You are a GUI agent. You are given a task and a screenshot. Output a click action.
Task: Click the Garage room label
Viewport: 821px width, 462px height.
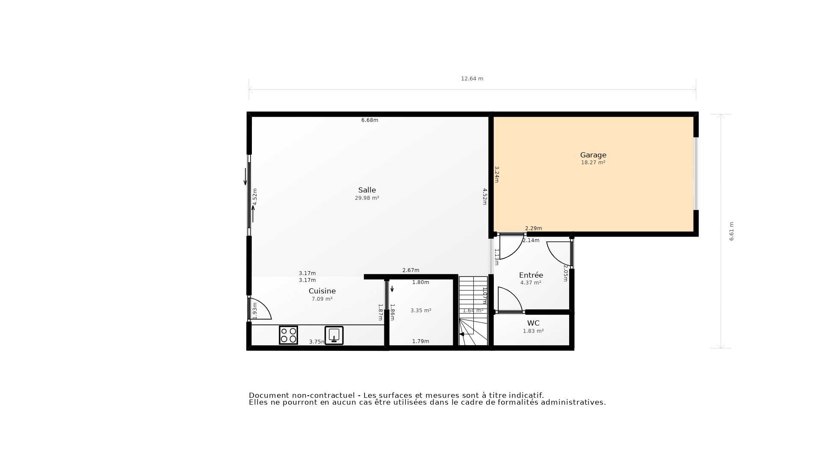[x=593, y=155]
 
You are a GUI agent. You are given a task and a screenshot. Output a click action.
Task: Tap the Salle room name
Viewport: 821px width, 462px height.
[x=367, y=190]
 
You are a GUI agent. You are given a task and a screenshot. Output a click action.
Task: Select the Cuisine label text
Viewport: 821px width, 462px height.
[x=322, y=291]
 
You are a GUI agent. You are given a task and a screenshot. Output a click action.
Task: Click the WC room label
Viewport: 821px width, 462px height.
[x=533, y=323]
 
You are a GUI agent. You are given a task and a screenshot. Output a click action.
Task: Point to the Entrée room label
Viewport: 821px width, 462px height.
[x=531, y=275]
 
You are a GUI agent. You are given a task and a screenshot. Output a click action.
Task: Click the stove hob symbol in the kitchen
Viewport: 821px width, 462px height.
[x=288, y=335]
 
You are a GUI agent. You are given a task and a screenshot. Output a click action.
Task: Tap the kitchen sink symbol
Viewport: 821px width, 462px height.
[x=334, y=335]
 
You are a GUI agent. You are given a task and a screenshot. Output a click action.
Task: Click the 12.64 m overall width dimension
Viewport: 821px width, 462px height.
[x=472, y=79]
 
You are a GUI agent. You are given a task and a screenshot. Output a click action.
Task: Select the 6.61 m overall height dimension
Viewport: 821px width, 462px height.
[x=731, y=231]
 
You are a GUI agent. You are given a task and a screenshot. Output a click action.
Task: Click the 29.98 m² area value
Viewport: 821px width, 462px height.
[x=367, y=198]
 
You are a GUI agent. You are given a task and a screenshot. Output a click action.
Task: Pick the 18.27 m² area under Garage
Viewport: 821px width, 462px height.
[x=593, y=163]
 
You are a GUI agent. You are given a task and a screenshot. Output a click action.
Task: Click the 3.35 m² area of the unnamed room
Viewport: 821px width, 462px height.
[x=421, y=311]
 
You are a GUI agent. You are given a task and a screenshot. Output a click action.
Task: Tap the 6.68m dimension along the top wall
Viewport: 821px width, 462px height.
[x=369, y=120]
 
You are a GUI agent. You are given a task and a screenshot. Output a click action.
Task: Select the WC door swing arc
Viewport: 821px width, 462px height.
[x=511, y=299]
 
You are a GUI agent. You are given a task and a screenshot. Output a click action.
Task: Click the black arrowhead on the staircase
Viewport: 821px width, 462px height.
[x=461, y=334]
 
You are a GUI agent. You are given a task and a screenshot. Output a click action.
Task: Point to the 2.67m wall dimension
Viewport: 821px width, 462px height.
[x=410, y=270]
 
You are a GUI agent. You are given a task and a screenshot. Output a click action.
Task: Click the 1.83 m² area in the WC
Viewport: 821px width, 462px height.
[x=533, y=331]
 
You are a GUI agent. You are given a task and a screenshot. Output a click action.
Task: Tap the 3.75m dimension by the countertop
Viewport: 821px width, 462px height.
[x=316, y=341]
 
